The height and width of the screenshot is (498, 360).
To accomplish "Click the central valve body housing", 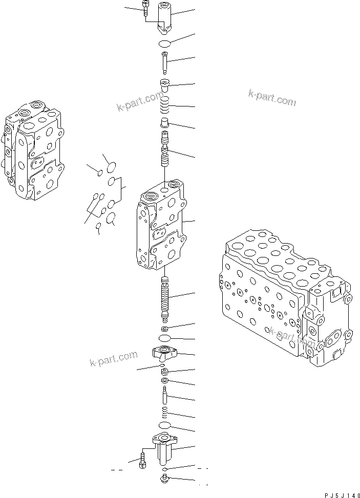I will pos(159,225).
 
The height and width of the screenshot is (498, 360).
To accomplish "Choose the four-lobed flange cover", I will pos(164,352).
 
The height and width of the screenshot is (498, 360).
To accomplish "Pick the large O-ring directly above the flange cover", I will pos(165,339).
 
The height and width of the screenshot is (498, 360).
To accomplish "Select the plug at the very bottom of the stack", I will pos(164,479).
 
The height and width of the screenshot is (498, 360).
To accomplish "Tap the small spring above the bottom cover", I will pos(164,413).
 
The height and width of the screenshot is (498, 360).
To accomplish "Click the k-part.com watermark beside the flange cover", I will pos(114,358).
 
